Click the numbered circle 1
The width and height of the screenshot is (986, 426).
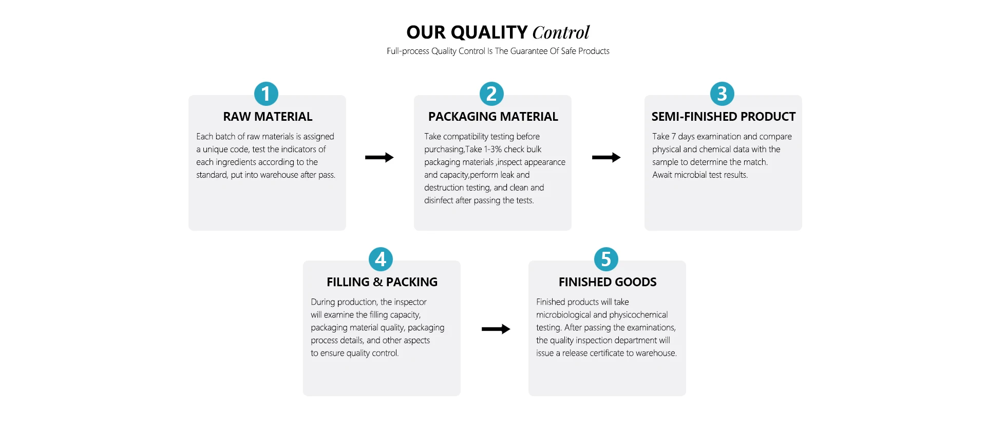click(266, 94)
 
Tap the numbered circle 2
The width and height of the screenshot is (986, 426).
click(491, 94)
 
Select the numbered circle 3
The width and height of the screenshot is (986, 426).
click(722, 94)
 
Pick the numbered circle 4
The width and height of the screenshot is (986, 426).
click(381, 260)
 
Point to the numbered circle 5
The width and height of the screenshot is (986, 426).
click(606, 260)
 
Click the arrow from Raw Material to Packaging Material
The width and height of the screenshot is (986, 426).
click(379, 157)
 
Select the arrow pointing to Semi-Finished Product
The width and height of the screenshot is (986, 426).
click(606, 157)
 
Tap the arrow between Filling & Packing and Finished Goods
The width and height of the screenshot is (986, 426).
click(496, 329)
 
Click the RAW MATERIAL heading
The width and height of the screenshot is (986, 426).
click(268, 117)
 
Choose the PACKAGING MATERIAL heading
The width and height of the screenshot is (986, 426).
click(493, 117)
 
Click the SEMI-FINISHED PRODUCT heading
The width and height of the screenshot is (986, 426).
click(723, 117)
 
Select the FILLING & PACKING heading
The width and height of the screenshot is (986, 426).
click(382, 282)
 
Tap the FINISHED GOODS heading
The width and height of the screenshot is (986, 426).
click(608, 282)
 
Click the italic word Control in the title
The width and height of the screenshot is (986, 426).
click(561, 32)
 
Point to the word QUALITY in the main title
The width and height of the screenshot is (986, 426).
click(488, 32)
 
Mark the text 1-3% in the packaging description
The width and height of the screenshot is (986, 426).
click(492, 150)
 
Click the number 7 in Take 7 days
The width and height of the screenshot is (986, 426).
click(673, 137)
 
